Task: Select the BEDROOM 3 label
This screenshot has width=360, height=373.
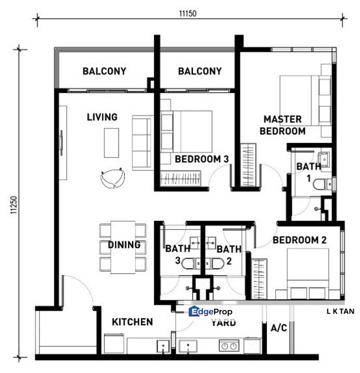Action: [201, 159]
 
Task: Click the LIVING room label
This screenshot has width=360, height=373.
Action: [102, 117]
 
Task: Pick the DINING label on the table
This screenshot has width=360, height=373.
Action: [124, 245]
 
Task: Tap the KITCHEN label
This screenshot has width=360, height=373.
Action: [132, 322]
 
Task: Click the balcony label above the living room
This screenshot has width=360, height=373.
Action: [104, 71]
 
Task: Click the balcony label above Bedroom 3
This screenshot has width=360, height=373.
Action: [199, 71]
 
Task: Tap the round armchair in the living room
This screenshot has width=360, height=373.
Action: [113, 178]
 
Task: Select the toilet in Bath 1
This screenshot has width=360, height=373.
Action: [326, 184]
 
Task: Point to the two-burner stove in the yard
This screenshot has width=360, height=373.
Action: [229, 346]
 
